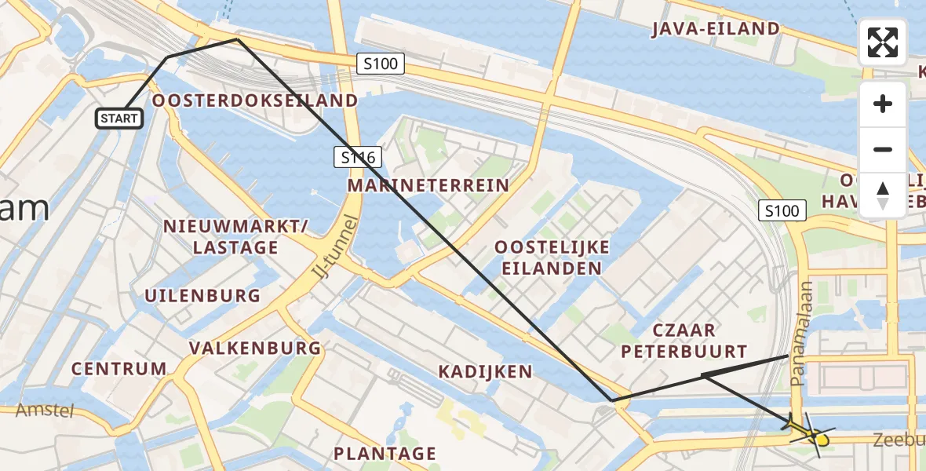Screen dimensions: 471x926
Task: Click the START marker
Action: pyautogui.click(x=119, y=119)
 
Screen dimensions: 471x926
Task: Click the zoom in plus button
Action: pyautogui.click(x=883, y=104)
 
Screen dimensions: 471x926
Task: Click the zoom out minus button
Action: pyautogui.click(x=883, y=149)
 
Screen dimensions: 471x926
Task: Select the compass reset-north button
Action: pyautogui.click(x=883, y=195)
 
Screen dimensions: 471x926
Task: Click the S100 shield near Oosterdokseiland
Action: pyautogui.click(x=381, y=64)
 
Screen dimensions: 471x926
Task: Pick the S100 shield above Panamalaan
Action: pyautogui.click(x=782, y=210)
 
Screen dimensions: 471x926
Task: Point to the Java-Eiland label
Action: pyautogui.click(x=716, y=29)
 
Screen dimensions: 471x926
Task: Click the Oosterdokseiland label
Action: pyautogui.click(x=255, y=100)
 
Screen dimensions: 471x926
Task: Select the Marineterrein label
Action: pyautogui.click(x=428, y=186)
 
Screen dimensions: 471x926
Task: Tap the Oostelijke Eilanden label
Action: pyautogui.click(x=552, y=257)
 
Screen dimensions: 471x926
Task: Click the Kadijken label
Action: pyautogui.click(x=485, y=371)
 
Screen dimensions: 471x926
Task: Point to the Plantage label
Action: pyautogui.click(x=385, y=453)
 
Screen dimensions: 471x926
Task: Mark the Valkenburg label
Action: pyautogui.click(x=255, y=348)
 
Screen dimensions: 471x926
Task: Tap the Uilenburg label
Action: pyautogui.click(x=202, y=295)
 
